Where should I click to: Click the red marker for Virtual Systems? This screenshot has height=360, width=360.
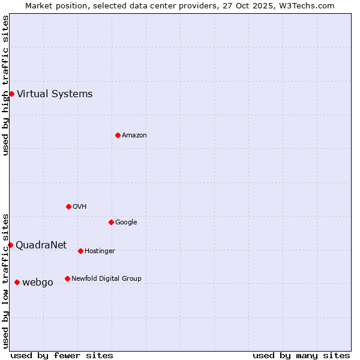[11, 94]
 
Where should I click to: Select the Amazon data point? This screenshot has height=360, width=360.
[118, 135]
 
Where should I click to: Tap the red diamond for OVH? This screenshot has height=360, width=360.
[68, 206]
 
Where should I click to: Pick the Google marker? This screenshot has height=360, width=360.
[111, 222]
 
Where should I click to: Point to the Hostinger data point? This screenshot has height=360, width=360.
[80, 251]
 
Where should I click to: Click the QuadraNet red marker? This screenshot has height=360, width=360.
[10, 245]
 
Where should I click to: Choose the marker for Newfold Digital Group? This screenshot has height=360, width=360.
[67, 278]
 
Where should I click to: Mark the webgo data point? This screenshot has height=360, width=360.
[17, 282]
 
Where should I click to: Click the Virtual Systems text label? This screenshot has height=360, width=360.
[55, 94]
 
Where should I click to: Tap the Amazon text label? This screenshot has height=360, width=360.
[134, 135]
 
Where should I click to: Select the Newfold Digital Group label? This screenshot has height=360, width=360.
[106, 278]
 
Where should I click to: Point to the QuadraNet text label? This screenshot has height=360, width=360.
[41, 245]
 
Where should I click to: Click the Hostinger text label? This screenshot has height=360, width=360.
[100, 251]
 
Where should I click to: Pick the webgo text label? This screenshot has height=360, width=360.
[38, 282]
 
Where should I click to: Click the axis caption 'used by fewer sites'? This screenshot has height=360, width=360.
[62, 355]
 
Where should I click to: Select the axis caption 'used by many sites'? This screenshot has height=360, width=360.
[301, 355]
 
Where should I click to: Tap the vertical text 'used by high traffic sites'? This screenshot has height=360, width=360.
[5, 85]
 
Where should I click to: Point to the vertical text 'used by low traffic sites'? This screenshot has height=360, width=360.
[5, 280]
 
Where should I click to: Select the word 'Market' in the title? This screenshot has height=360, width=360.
[39, 5]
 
